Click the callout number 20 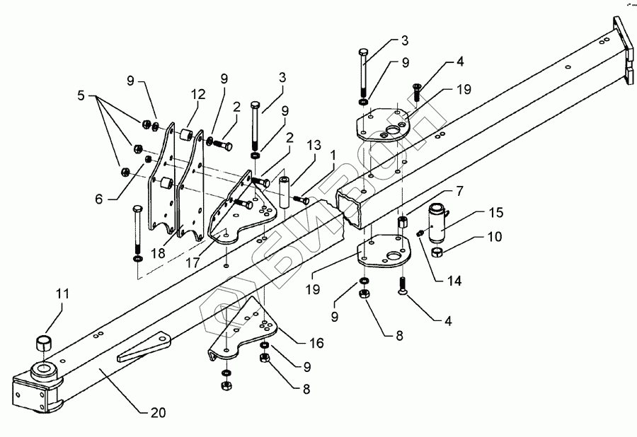coord(159,413)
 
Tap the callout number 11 coord(62,293)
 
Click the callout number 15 coord(495,213)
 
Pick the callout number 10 coord(495,237)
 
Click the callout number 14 coord(454,281)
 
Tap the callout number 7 coord(459,191)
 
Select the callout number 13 coord(314,145)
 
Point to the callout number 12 coord(198,95)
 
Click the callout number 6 coord(99,199)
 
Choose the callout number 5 coord(81,95)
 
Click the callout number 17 coord(193,262)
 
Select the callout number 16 coord(317,343)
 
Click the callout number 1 coord(333,156)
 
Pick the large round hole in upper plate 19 coord(394,131)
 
